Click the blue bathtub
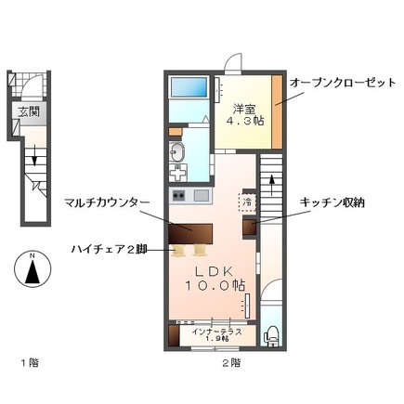[190, 87]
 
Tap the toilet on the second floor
[271, 336]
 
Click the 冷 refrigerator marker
[247, 200]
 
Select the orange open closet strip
[277, 111]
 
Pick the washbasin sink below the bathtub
[176, 153]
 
